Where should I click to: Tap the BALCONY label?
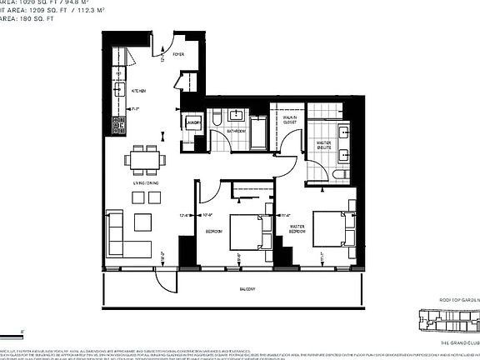tap(245, 289)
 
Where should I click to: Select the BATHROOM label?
tap(236, 131)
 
